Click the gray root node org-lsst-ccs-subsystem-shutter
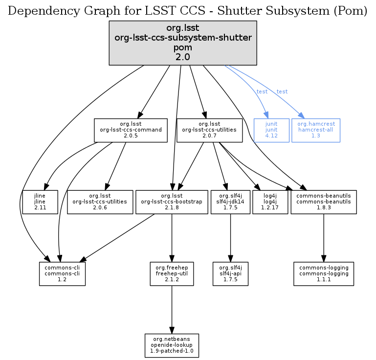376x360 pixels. [x=183, y=43]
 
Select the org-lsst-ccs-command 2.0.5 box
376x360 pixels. [x=131, y=130]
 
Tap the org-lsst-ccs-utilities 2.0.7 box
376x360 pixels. [x=209, y=130]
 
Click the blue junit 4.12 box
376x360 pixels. [x=271, y=130]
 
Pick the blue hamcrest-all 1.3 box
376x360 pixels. [x=316, y=130]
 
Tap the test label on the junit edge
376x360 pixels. [x=262, y=92]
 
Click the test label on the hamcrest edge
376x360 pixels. [x=282, y=92]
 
